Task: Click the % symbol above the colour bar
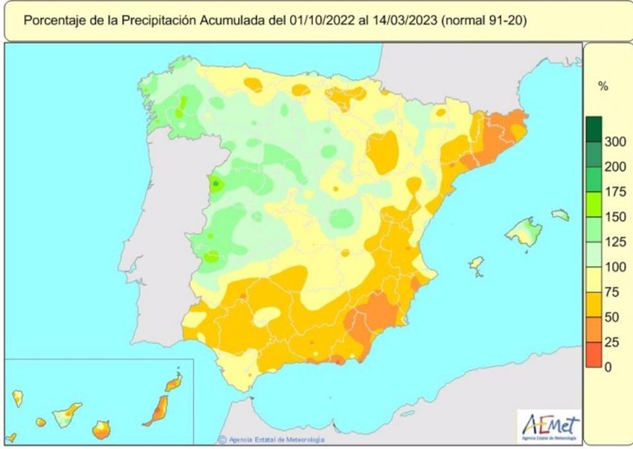point(603,87)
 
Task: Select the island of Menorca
point(560,216)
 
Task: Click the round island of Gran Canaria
point(101,430)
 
